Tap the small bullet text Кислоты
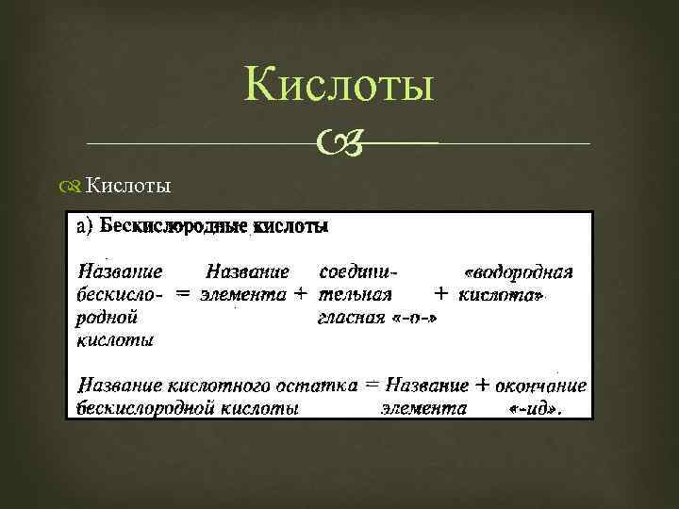128,186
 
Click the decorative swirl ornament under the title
336,143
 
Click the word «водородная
520,273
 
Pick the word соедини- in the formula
359,271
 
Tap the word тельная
356,294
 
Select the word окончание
542,386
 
